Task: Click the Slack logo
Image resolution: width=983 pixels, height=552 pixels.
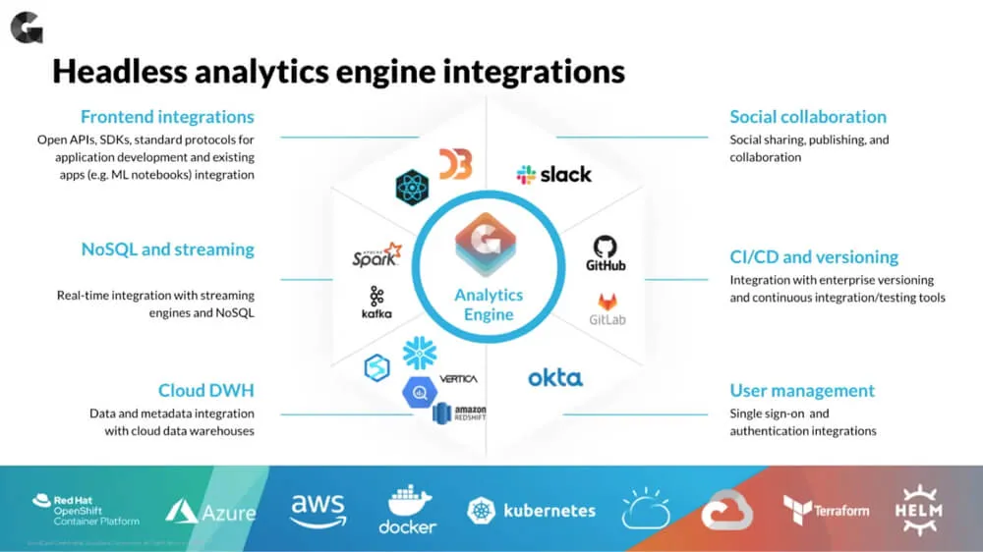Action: click(554, 175)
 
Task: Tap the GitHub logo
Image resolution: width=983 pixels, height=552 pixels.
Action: click(606, 252)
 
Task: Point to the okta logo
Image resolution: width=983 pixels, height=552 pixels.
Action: click(555, 378)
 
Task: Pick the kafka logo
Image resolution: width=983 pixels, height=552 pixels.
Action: click(376, 303)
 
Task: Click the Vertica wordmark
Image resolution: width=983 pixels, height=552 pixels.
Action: click(459, 378)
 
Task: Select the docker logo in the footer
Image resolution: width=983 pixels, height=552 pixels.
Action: click(408, 510)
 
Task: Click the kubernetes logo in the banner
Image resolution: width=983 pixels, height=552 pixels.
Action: click(532, 511)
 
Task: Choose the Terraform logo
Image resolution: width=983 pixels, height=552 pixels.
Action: click(826, 510)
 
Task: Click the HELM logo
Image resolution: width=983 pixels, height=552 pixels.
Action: click(918, 509)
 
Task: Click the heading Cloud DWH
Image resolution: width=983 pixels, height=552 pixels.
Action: click(206, 391)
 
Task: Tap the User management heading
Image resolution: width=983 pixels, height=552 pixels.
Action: click(802, 391)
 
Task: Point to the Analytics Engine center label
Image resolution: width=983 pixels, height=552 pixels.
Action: click(489, 304)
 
